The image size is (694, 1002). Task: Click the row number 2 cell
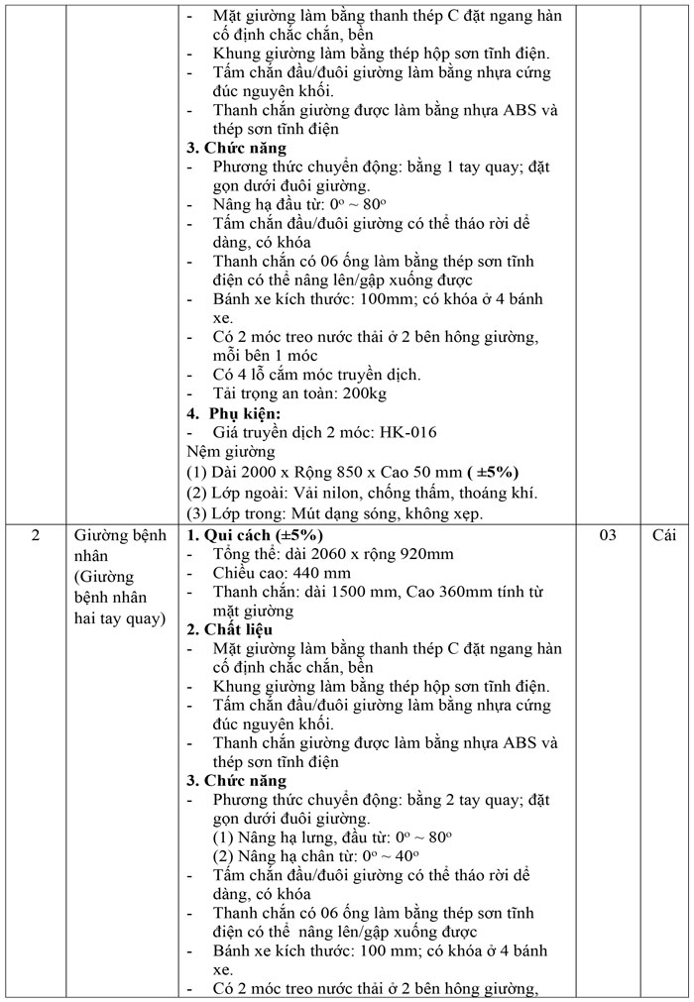[x=36, y=536]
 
